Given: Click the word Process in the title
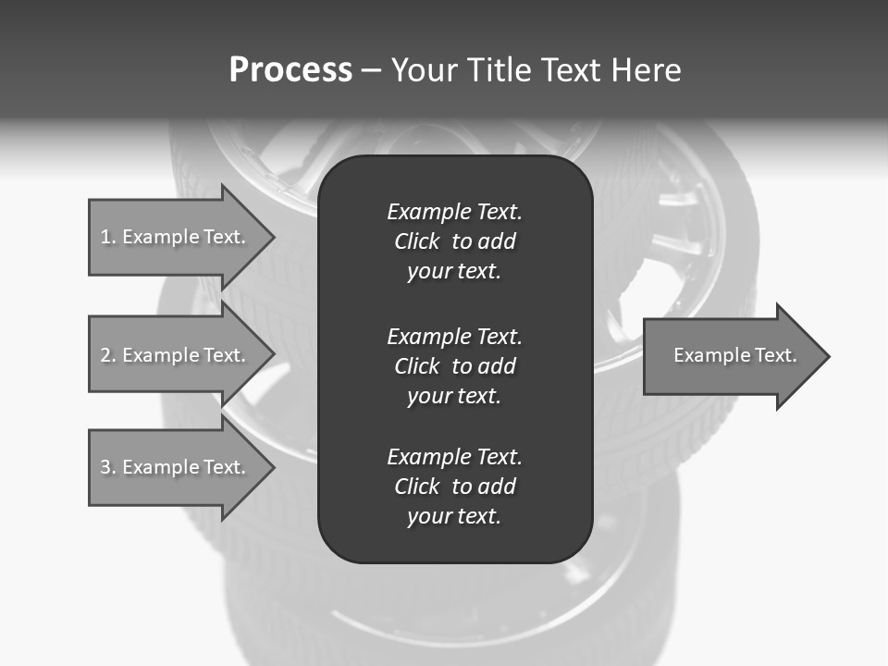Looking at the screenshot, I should coord(290,70).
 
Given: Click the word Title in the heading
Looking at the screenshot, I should coord(493,70).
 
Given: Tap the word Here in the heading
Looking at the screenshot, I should coord(646,70).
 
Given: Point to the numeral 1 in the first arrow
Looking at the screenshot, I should coord(105,237).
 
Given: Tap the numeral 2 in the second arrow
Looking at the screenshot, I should coord(105,355).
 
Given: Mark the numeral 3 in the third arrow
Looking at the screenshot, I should coord(105,467).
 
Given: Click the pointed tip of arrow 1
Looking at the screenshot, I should coord(271,237).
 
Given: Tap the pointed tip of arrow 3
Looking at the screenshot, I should coord(271,467).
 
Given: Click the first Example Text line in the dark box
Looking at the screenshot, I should coord(454,212).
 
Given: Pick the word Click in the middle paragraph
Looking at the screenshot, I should coord(417,366).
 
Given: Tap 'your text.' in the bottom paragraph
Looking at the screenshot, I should coord(454,516).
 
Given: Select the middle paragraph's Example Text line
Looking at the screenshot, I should coord(454,336).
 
